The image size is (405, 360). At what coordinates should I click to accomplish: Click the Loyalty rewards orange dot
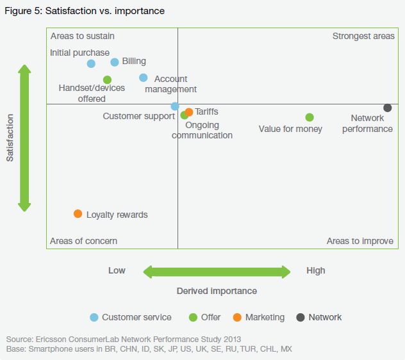[78, 213]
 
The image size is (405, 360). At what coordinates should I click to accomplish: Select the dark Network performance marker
[388, 108]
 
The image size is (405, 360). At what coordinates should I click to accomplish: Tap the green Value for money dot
[310, 117]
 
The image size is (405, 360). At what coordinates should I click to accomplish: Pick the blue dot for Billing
[115, 62]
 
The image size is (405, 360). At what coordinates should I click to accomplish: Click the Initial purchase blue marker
[91, 63]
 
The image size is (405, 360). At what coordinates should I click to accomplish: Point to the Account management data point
[144, 78]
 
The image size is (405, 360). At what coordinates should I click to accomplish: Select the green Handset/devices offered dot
[107, 80]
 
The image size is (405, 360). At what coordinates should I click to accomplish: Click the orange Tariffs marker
[189, 112]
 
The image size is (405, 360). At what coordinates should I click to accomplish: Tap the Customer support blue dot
[175, 106]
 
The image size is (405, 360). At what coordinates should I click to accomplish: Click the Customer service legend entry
[131, 317]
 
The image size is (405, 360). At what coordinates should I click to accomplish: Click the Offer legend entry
[204, 317]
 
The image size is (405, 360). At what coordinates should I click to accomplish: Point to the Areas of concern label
[83, 241]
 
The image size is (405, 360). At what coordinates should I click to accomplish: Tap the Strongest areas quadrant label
[363, 36]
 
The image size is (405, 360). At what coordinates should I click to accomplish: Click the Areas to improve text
[360, 241]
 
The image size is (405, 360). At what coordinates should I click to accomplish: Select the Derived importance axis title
[217, 291]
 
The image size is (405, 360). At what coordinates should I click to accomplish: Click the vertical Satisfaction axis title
[10, 138]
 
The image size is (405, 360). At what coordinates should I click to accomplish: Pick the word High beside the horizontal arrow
[316, 270]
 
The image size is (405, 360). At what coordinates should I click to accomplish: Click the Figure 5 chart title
[84, 11]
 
